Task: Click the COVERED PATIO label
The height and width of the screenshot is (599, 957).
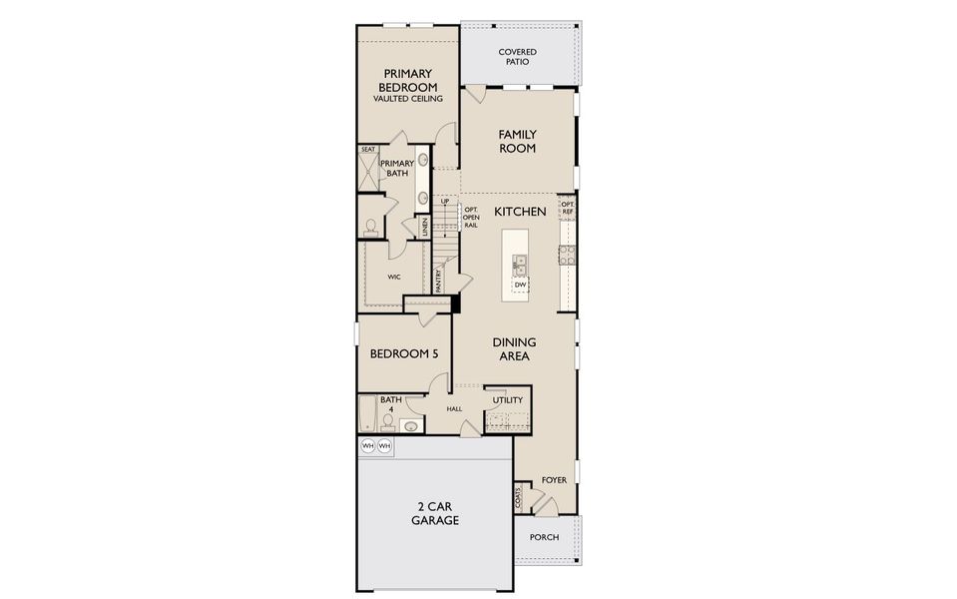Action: point(517,57)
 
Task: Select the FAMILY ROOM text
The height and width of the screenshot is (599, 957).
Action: point(517,142)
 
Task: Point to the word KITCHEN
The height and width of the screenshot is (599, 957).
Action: point(520,212)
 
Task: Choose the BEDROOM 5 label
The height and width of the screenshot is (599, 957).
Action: point(404,353)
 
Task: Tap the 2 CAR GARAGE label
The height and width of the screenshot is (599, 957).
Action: point(435,513)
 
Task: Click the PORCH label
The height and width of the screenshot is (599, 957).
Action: point(544,538)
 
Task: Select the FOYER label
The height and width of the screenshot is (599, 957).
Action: point(554,480)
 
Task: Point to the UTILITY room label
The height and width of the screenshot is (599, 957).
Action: point(508,400)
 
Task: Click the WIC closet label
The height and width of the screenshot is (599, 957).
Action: point(394,277)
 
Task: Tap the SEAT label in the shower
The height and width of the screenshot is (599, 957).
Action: point(368,150)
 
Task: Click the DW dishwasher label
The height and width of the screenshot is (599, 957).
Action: point(520,286)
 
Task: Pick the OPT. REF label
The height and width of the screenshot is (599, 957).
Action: point(567,208)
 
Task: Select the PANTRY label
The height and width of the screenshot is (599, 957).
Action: point(438,280)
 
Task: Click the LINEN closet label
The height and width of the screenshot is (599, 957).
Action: point(424,227)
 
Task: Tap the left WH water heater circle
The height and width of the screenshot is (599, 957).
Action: point(367,445)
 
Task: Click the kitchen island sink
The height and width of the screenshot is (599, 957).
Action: point(520,264)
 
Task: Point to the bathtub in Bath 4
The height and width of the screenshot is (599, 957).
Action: point(366,413)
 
